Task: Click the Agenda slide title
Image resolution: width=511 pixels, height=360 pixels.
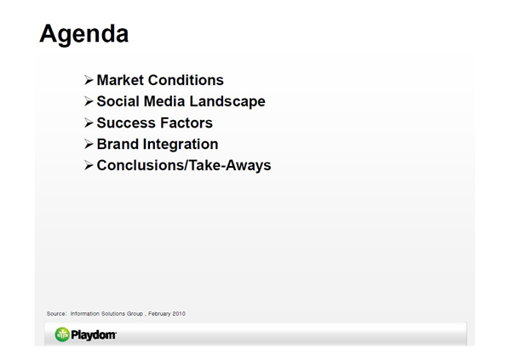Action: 84,34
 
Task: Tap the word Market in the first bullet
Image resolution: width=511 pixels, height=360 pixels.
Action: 120,80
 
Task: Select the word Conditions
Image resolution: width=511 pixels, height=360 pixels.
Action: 186,80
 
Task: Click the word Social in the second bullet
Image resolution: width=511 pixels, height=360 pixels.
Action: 118,101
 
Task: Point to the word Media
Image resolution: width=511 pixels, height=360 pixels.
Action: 164,101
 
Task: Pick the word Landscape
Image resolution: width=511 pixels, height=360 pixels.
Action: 227,102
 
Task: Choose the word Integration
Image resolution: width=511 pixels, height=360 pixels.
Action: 181,145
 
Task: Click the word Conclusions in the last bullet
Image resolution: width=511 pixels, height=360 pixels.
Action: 141,165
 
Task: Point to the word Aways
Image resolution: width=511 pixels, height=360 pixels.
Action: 249,166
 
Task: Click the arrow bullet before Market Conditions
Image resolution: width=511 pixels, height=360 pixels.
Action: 89,80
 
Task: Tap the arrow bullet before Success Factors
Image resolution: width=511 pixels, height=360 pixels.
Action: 89,123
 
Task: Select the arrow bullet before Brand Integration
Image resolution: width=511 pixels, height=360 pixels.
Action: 89,144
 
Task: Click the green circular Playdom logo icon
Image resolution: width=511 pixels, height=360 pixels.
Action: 62,334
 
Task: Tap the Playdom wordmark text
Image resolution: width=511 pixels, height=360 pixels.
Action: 94,335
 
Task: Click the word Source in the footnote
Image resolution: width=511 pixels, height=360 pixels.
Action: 56,314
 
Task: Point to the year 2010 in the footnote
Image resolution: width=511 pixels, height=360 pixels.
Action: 179,314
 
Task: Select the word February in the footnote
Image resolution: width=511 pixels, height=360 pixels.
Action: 159,314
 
